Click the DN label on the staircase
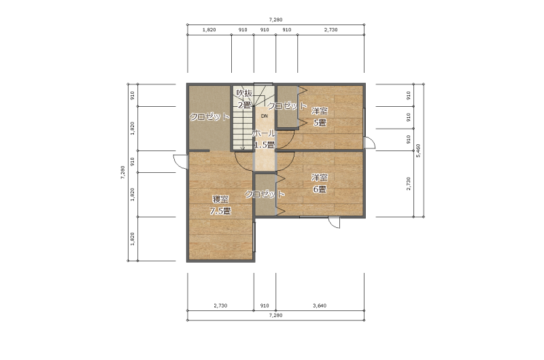[265, 116]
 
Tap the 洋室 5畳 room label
[320, 117]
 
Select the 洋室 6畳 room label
[320, 184]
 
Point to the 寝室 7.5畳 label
[220, 205]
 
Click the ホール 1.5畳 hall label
[265, 139]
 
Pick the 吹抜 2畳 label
[244, 99]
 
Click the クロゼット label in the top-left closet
[209, 117]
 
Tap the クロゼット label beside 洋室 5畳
[287, 106]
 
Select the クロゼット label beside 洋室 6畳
[265, 194]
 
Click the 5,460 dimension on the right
[418, 150]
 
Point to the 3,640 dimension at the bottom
[320, 306]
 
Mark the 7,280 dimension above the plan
[275, 20]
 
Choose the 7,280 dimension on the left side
[122, 173]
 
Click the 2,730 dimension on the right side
[409, 184]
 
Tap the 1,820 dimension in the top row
[209, 30]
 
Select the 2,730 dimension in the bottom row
[220, 306]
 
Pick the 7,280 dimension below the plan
[275, 315]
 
